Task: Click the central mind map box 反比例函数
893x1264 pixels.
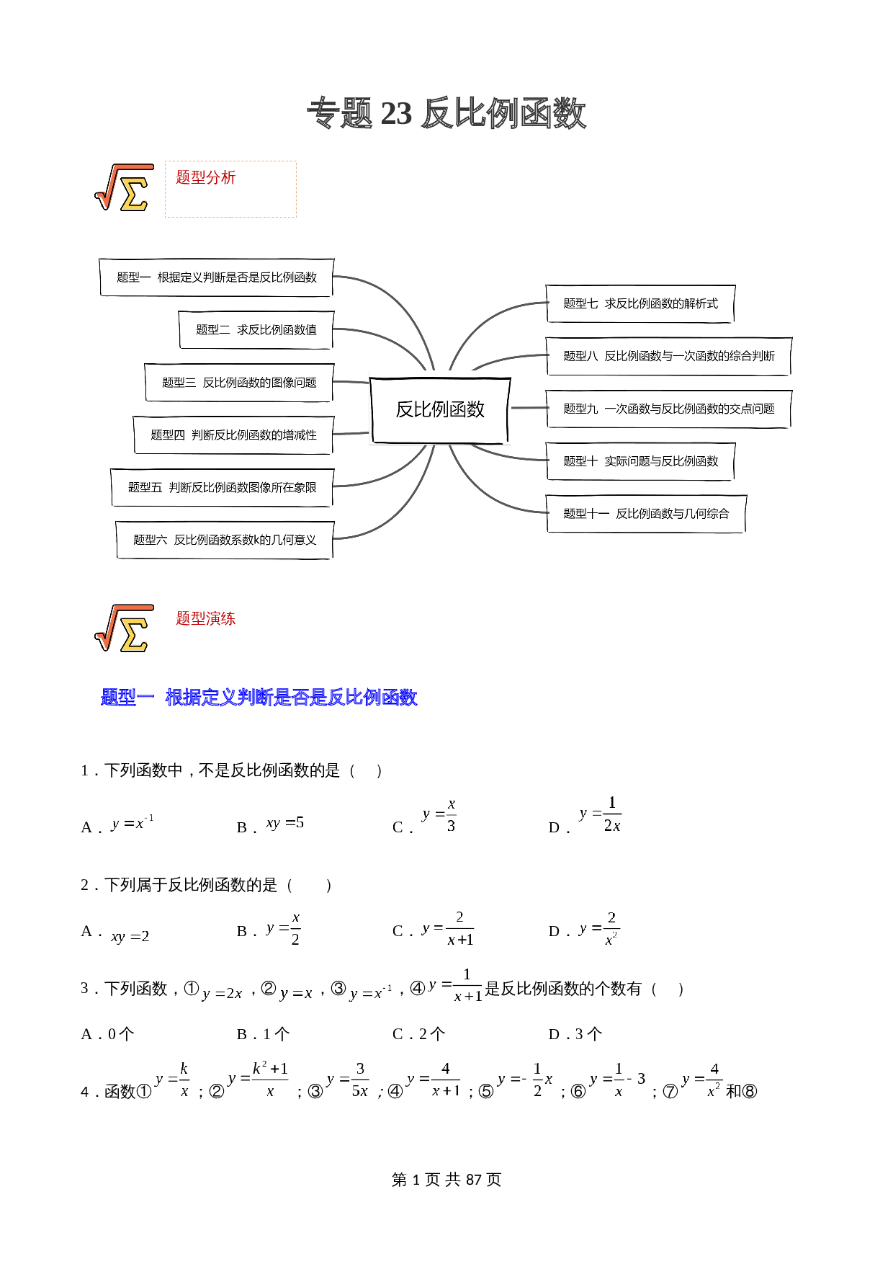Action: point(440,409)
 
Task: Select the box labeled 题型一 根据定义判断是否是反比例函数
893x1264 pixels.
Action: point(216,277)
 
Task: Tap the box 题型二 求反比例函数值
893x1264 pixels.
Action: point(256,330)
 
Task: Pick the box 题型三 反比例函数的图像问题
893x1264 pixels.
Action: point(238,383)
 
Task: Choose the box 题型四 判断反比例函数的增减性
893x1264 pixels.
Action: point(233,435)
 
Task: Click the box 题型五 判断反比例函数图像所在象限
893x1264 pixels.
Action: point(222,488)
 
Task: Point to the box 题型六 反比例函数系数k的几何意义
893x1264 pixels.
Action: point(225,540)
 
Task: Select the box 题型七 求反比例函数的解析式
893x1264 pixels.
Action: point(640,303)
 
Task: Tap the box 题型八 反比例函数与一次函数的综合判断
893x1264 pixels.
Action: point(668,356)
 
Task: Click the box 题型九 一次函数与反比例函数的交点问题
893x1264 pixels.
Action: point(668,409)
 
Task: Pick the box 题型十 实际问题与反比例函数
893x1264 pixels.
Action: point(640,461)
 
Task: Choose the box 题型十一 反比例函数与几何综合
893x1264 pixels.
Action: point(645,514)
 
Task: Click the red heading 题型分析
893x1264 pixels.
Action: point(206,177)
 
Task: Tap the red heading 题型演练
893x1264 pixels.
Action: point(206,618)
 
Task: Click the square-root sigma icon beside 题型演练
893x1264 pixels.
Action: point(124,628)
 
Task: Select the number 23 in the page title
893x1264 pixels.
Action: point(396,114)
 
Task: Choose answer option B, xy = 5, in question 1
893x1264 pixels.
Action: point(285,823)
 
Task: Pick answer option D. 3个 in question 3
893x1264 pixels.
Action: point(575,1034)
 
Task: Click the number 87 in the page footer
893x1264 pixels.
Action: point(473,1180)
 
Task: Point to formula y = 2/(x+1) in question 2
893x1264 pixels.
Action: point(448,929)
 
